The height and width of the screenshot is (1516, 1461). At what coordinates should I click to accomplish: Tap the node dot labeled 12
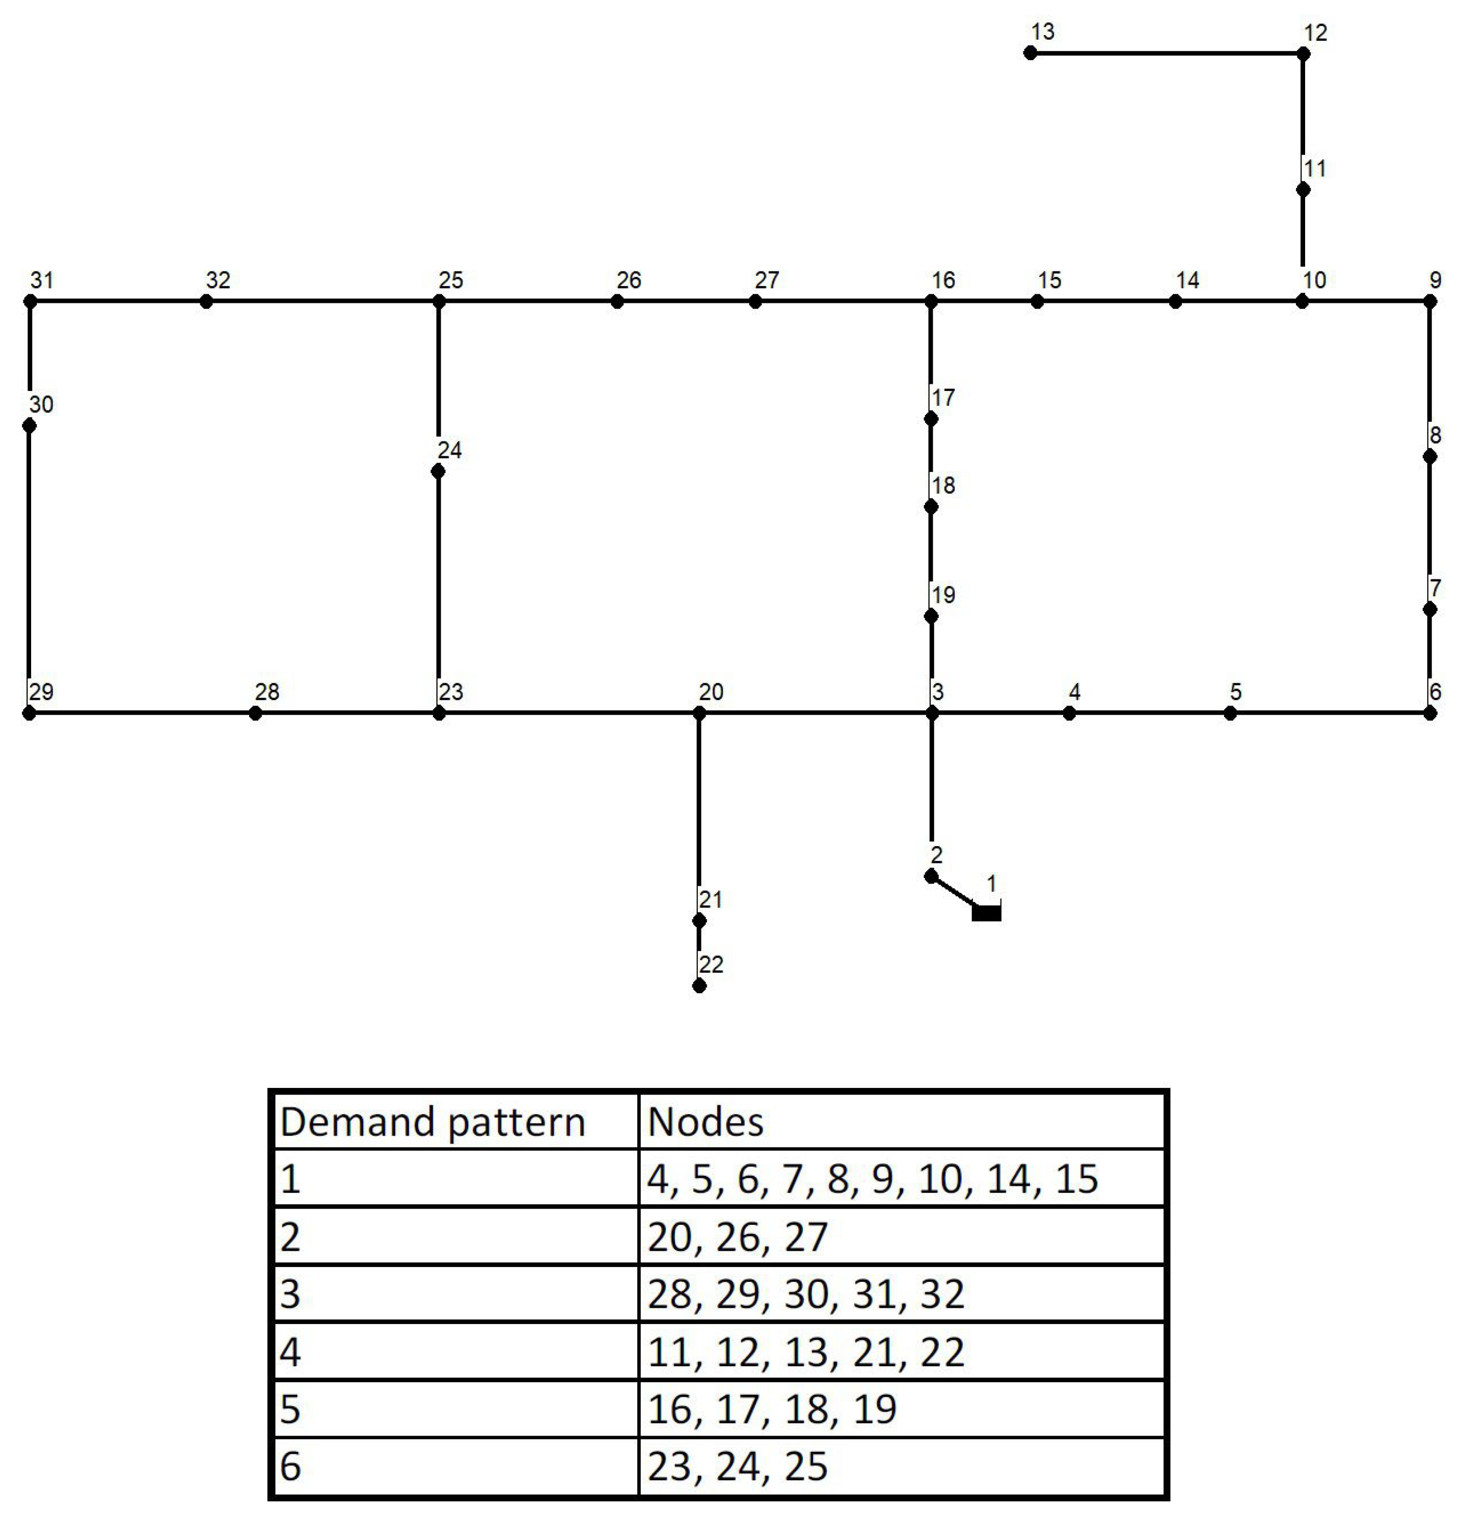[1303, 54]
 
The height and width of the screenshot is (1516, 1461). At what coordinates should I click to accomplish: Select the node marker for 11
[1303, 189]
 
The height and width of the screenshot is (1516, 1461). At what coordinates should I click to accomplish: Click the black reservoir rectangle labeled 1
[987, 913]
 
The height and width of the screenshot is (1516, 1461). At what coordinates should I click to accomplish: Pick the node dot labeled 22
[699, 986]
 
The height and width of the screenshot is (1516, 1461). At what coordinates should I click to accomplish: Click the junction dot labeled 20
[699, 713]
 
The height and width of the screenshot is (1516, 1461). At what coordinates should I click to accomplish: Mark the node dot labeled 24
[438, 471]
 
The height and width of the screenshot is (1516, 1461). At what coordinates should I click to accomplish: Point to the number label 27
[767, 280]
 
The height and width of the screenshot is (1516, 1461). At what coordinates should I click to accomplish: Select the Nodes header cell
[902, 1121]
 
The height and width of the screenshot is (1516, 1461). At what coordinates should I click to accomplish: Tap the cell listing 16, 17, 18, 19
[902, 1409]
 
